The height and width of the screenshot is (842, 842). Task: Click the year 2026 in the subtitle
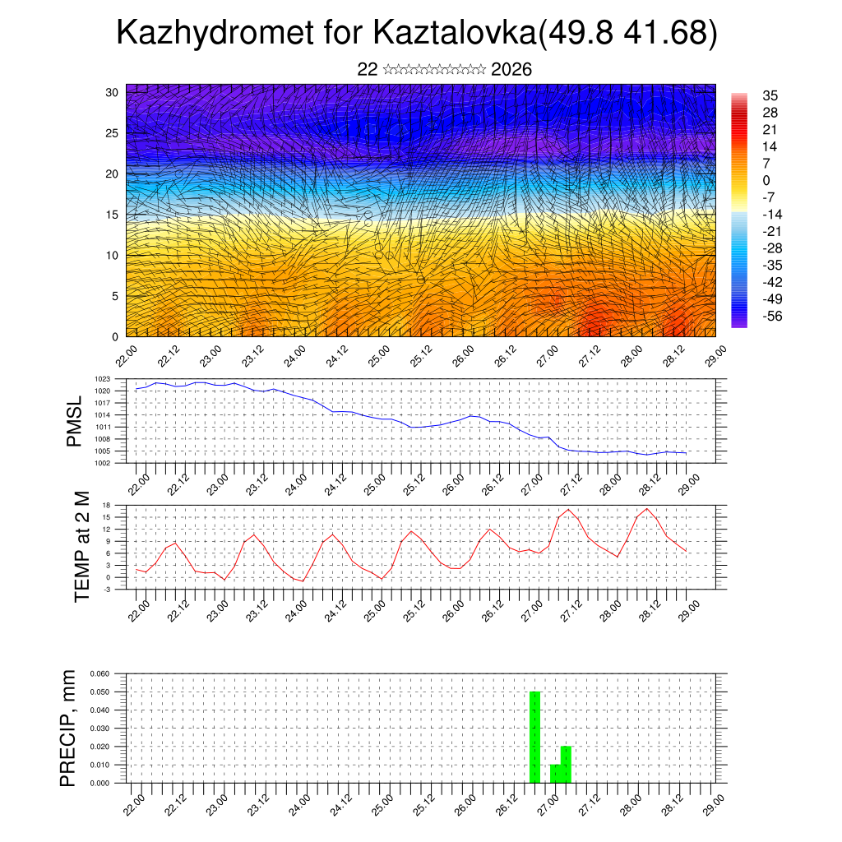click(511, 70)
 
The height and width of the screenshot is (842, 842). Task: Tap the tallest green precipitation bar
click(534, 737)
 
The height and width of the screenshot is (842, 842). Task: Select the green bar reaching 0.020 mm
click(566, 764)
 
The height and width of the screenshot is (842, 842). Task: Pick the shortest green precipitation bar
click(555, 774)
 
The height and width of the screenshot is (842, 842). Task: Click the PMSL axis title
click(74, 421)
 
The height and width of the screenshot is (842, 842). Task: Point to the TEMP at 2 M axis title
click(81, 546)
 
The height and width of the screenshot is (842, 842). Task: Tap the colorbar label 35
click(770, 96)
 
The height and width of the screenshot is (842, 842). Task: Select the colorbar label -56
click(773, 315)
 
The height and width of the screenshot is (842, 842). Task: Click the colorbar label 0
click(766, 180)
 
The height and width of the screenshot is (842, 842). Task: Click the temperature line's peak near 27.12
click(568, 510)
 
